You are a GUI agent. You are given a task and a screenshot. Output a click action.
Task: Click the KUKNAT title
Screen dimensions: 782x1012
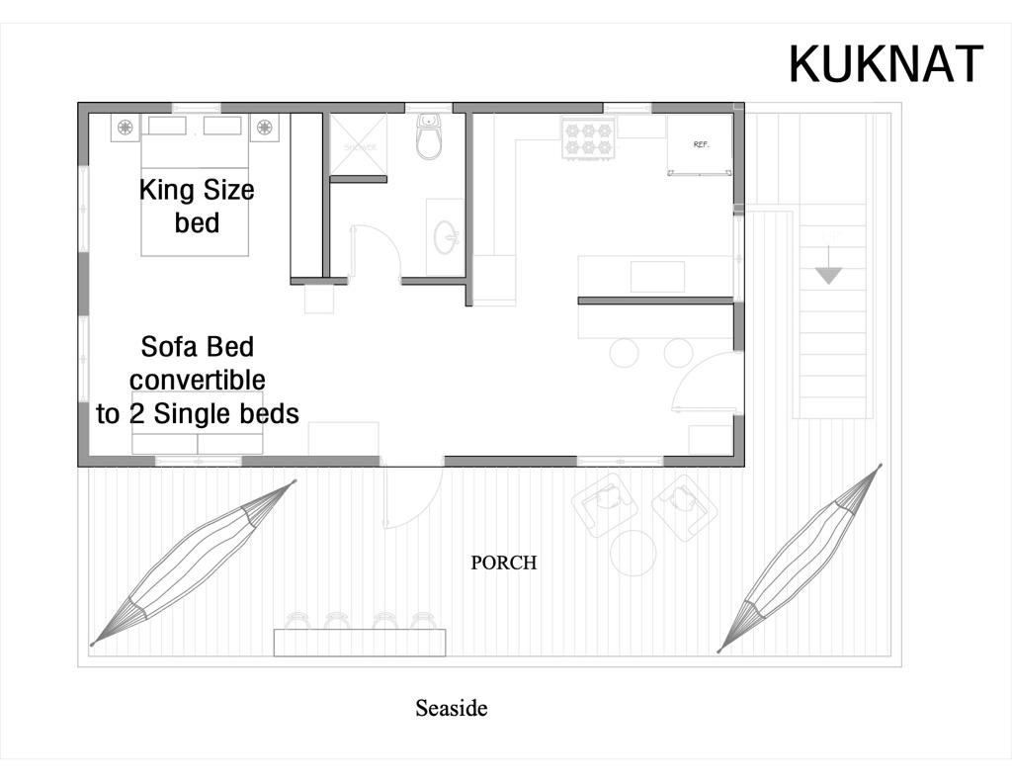(x=885, y=64)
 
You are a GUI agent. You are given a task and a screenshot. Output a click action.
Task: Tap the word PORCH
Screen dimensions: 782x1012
(x=504, y=563)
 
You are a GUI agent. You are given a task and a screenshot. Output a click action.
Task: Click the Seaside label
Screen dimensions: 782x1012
(x=452, y=708)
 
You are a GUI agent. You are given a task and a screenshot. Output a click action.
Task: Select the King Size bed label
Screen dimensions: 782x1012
(x=197, y=205)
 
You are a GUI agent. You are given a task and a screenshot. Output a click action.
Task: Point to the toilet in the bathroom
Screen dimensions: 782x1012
(x=429, y=138)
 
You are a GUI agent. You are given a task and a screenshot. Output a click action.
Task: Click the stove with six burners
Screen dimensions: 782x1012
(x=588, y=137)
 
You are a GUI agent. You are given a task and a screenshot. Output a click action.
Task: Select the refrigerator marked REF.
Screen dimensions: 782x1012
(x=701, y=145)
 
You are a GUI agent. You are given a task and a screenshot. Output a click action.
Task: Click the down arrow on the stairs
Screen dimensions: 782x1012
(x=828, y=274)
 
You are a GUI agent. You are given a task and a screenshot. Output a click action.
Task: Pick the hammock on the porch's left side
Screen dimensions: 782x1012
(x=194, y=563)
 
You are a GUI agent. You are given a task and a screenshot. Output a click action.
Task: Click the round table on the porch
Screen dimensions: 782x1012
(x=633, y=553)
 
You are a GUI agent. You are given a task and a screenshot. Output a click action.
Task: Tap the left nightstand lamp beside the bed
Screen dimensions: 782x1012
(x=126, y=127)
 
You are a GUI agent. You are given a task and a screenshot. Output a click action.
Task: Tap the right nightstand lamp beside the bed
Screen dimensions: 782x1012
(x=265, y=127)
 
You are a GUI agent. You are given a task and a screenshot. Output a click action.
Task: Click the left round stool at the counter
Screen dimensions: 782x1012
(x=624, y=353)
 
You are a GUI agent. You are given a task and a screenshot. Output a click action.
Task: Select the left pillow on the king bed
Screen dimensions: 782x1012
(x=167, y=126)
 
